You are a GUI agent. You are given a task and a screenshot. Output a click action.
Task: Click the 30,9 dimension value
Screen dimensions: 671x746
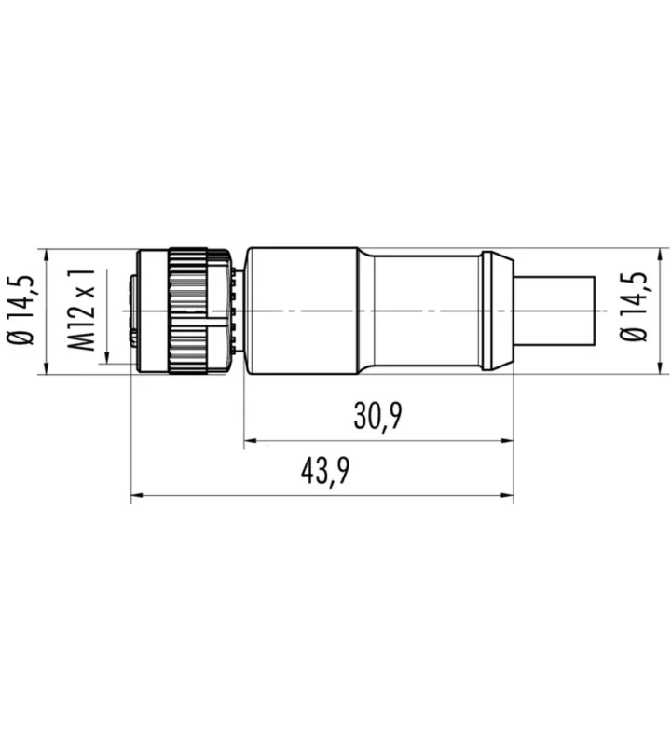tap(377, 415)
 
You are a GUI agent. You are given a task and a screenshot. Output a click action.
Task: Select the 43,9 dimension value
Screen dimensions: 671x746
tap(325, 471)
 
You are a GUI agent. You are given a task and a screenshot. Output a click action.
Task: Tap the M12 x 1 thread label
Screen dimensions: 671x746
tap(81, 310)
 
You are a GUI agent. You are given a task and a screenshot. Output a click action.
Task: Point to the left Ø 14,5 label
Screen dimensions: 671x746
tap(21, 310)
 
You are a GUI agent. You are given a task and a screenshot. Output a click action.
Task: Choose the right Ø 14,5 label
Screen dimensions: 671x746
tap(633, 307)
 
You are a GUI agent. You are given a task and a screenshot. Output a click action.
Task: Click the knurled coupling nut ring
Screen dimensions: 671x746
tap(188, 311)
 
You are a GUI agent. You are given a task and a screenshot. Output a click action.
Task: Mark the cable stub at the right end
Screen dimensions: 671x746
tap(555, 311)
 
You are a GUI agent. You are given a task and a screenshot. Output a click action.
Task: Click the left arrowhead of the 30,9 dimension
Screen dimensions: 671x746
tap(251, 441)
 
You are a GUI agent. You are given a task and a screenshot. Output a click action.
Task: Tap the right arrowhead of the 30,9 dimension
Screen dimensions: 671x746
tap(507, 441)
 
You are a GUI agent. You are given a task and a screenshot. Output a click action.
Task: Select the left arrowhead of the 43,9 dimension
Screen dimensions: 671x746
tap(137, 496)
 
